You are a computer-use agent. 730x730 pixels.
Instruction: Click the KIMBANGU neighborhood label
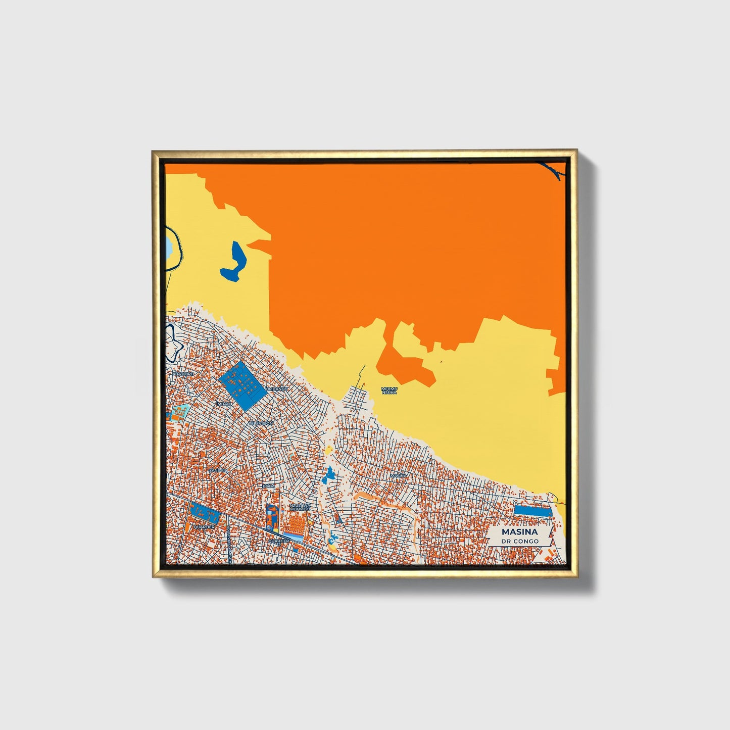(276, 388)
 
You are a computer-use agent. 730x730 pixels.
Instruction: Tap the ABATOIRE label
(182, 373)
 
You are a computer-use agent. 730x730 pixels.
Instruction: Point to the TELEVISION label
(261, 423)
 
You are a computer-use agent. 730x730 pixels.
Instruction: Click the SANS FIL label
(218, 470)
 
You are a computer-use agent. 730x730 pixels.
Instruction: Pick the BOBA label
(269, 486)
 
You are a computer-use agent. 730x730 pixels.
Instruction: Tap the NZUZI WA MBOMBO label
(300, 506)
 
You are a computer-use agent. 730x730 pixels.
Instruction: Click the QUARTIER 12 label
(279, 541)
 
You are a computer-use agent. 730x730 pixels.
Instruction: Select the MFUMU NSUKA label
(390, 391)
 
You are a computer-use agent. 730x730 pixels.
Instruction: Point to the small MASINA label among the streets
(399, 475)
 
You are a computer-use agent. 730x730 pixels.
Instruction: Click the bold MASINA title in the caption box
(520, 532)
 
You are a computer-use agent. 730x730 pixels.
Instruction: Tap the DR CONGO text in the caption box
(520, 541)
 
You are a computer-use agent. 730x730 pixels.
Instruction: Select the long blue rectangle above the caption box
(531, 510)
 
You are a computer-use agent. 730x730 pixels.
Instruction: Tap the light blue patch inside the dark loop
(168, 248)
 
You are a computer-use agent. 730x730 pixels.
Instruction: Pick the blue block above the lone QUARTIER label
(204, 514)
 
